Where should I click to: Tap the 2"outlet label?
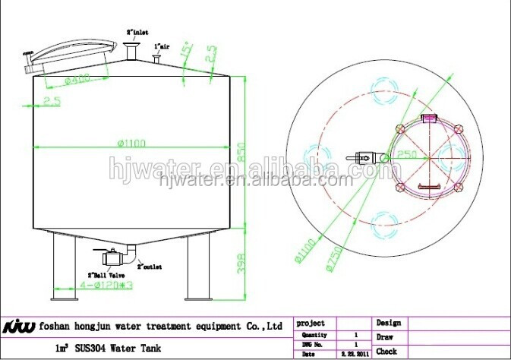pyautogui.click(x=149, y=267)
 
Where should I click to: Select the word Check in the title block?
pyautogui.click(x=386, y=352)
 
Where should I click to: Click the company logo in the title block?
pyautogui.click(x=20, y=327)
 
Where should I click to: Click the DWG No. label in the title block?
pyautogui.click(x=314, y=344)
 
